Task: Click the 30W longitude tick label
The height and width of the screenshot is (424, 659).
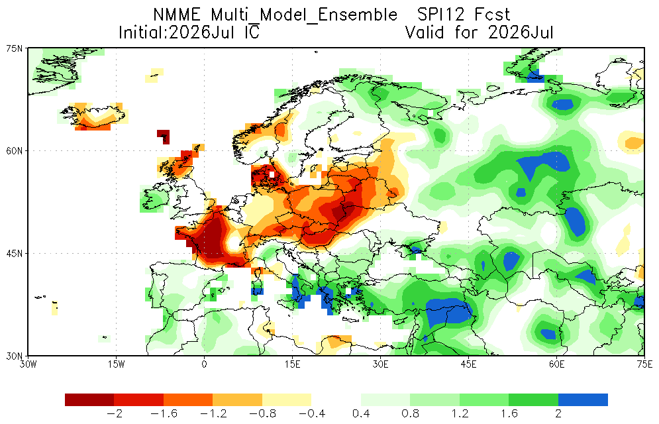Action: point(28,364)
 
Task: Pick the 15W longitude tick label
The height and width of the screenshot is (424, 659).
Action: point(116,364)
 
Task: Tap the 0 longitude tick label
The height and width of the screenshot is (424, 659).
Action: point(204,364)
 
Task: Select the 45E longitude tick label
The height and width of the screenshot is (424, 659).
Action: point(468,364)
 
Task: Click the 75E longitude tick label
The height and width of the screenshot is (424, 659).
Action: point(644,364)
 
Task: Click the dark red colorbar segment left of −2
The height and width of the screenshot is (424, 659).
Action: point(89,399)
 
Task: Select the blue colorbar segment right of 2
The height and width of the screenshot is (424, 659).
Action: point(583,399)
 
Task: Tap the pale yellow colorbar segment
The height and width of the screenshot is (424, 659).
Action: point(287,399)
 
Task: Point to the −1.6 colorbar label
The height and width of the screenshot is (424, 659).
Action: point(164,414)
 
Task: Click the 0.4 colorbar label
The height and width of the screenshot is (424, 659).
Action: point(361,414)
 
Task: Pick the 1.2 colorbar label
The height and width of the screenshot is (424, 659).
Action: point(460,414)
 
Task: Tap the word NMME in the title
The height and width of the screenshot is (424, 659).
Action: point(177,15)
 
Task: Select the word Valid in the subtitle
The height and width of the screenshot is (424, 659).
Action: point(425,32)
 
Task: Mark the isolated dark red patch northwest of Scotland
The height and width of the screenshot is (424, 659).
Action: point(164,136)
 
